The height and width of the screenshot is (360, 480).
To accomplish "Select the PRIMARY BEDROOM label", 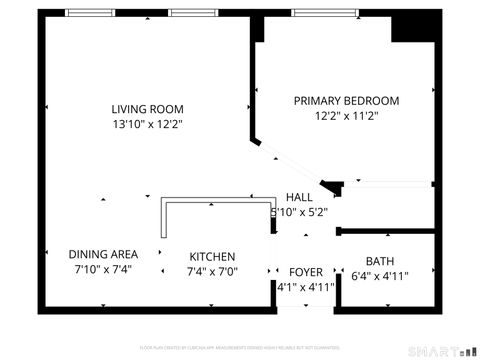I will coord(345,101).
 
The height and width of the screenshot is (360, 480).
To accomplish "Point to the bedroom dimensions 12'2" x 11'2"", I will coord(345,116).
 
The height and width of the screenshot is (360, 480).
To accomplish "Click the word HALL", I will coord(299,197).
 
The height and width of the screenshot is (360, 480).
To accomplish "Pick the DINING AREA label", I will coord(103,254).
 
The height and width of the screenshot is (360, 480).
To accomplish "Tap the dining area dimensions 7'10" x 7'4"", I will coord(103,269).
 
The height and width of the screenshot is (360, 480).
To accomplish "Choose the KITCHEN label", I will coord(211,256).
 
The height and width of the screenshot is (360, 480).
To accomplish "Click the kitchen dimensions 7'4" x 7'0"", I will coord(211,271).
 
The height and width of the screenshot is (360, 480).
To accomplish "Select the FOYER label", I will coord(306,272).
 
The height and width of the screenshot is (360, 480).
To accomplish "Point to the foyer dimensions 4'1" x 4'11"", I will coord(306,287).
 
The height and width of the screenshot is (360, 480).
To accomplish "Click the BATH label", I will coord(379,261).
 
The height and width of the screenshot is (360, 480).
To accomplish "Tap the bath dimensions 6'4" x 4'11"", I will coord(379,276).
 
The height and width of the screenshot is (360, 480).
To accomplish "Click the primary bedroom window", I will coord(326,13).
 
